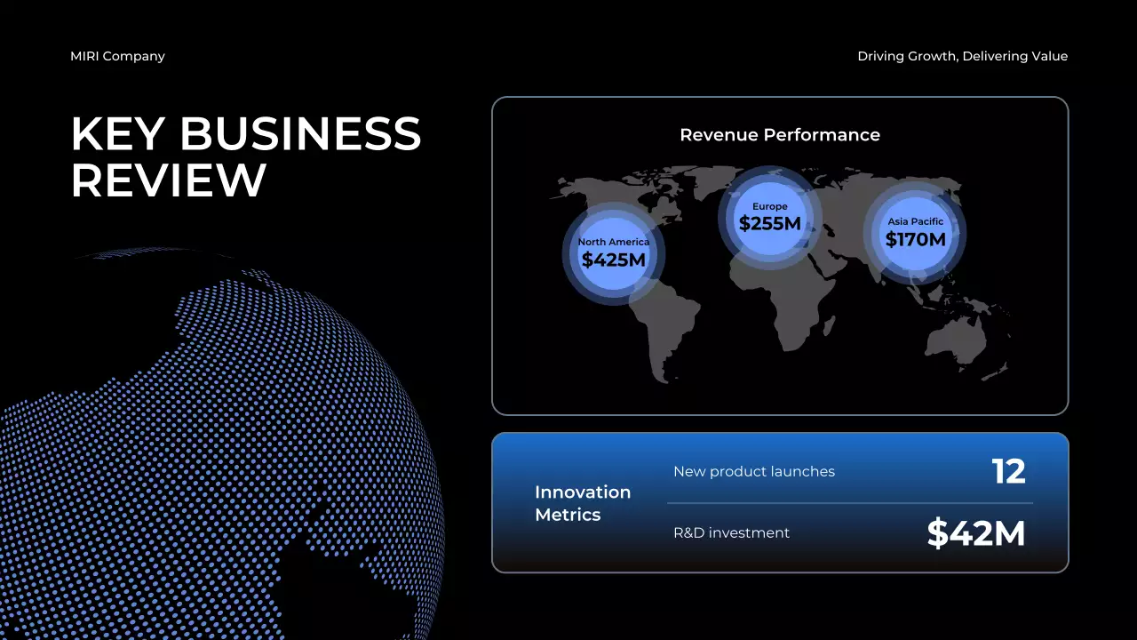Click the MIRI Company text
pyautogui.click(x=117, y=56)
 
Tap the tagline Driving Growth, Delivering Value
pyautogui.click(x=962, y=56)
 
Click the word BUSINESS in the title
pyautogui.click(x=300, y=134)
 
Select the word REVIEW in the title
pyautogui.click(x=169, y=180)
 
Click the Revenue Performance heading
pyautogui.click(x=779, y=135)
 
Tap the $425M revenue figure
pyautogui.click(x=613, y=260)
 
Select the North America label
pyautogui.click(x=613, y=242)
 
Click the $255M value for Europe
pyautogui.click(x=769, y=223)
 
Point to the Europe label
pyautogui.click(x=769, y=206)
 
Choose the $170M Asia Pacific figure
pyautogui.click(x=915, y=239)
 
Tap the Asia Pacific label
pyautogui.click(x=915, y=221)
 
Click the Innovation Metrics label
pyautogui.click(x=582, y=503)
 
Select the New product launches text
pyautogui.click(x=753, y=471)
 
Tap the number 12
pyautogui.click(x=1008, y=471)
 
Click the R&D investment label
pyautogui.click(x=731, y=532)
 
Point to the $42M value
pyautogui.click(x=975, y=533)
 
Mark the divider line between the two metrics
pyautogui.click(x=850, y=503)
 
